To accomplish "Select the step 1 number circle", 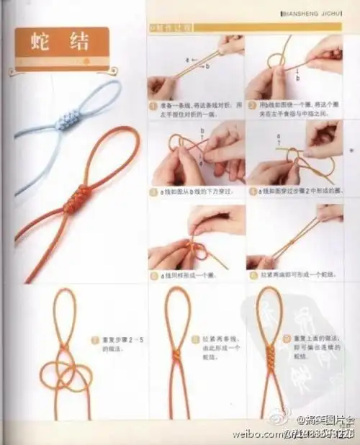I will click(153, 105).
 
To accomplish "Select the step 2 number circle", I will click(253, 105).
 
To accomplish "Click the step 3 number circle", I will click(153, 192).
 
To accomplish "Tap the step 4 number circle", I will click(253, 192).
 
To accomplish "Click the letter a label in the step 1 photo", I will click(186, 57).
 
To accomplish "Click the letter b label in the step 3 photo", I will click(202, 132).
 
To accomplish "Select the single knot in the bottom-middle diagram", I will click(176, 354).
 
